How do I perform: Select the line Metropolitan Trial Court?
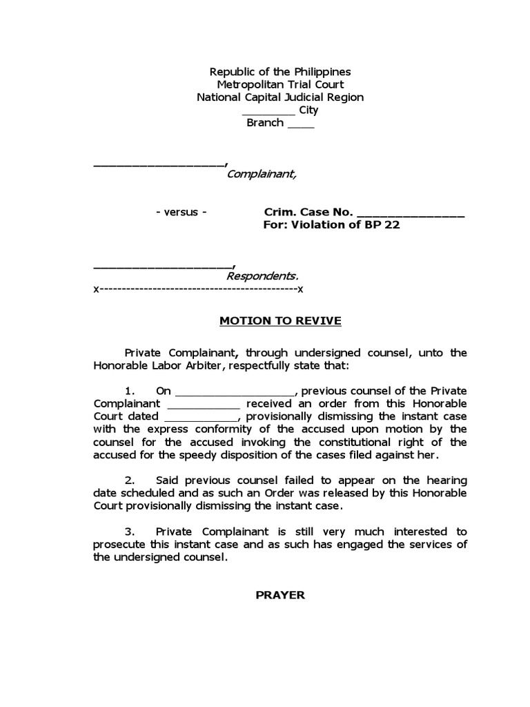click(x=280, y=84)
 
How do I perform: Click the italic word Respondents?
click(x=263, y=276)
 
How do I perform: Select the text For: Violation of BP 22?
click(x=332, y=225)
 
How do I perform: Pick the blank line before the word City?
click(x=268, y=112)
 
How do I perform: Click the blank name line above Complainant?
click(x=158, y=164)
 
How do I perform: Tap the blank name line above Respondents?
click(x=163, y=266)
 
